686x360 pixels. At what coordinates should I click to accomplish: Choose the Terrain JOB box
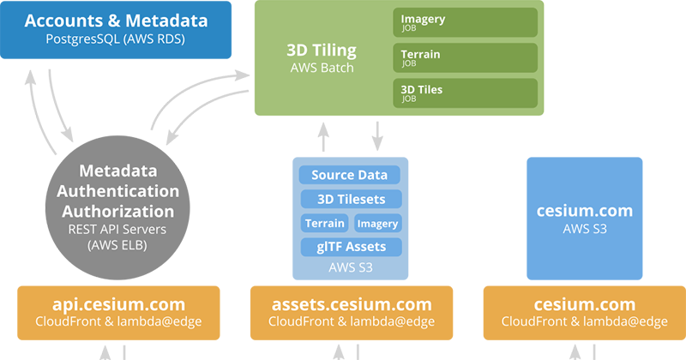tap(466, 57)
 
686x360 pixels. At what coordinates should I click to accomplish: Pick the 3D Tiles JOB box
tap(466, 93)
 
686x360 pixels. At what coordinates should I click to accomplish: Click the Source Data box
tap(350, 175)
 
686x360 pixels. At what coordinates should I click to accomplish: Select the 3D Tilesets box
tap(350, 199)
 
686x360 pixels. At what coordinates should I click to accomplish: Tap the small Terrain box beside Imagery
tap(324, 223)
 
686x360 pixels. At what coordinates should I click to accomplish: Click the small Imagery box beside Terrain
tap(378, 223)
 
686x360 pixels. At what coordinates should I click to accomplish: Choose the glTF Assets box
tap(350, 247)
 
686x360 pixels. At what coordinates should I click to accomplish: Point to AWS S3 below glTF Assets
tap(350, 267)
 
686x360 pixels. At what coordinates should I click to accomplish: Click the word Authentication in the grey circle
tap(129, 190)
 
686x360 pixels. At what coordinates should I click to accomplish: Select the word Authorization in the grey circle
tap(129, 211)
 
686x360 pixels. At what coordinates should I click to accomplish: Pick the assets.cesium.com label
tap(352, 304)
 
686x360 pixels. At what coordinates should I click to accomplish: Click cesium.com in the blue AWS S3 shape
tap(584, 211)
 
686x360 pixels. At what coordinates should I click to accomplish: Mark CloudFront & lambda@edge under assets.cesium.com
tap(352, 322)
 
